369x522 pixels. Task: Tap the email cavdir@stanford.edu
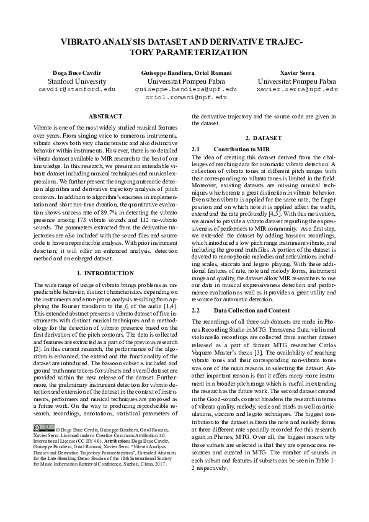click(x=77, y=89)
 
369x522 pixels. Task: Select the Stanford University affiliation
click(x=77, y=81)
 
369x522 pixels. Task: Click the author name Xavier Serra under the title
click(x=297, y=73)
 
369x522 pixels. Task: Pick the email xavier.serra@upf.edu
click(x=297, y=89)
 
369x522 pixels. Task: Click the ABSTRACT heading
click(x=105, y=117)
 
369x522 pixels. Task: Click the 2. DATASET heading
click(x=263, y=138)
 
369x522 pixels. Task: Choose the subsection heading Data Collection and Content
click(x=254, y=309)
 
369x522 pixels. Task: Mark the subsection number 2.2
click(x=196, y=309)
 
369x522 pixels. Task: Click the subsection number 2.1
click(x=196, y=150)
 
